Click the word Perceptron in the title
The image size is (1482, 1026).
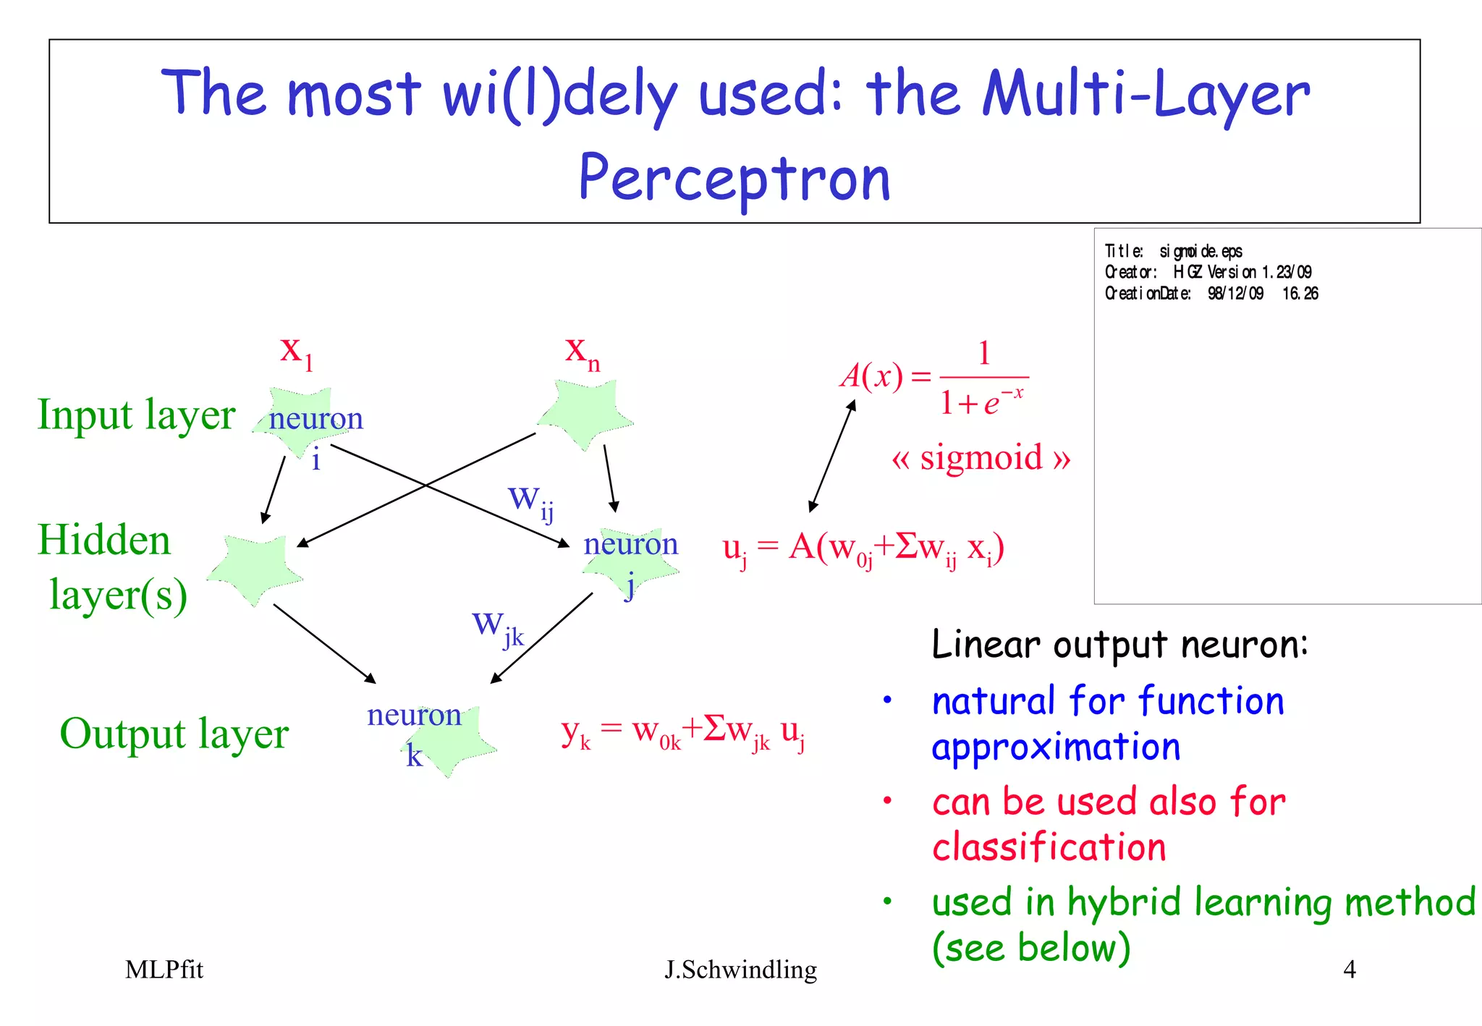(x=734, y=178)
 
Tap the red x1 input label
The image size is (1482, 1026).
(x=296, y=352)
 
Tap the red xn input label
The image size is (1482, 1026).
(x=583, y=352)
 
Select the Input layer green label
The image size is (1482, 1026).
(x=136, y=415)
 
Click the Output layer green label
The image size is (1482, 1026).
(x=174, y=734)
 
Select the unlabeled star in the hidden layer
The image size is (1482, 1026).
(x=255, y=568)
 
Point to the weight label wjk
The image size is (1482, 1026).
(x=497, y=627)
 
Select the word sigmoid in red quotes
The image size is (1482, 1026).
(x=981, y=458)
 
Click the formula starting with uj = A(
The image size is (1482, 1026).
(x=863, y=549)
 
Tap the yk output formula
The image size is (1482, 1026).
(x=683, y=732)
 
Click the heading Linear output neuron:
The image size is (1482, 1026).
(x=1119, y=644)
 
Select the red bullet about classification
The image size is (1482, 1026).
(x=1107, y=824)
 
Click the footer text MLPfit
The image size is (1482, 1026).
(x=164, y=970)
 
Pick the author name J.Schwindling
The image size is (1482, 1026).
(x=740, y=970)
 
